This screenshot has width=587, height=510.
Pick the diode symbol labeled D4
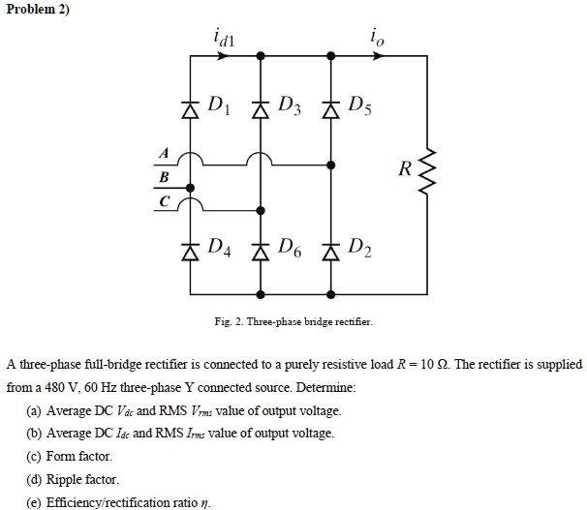coord(190,253)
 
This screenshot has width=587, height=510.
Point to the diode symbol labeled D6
coord(260,253)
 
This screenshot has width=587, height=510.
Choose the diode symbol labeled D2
coord(331,253)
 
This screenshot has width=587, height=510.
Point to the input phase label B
coord(163,177)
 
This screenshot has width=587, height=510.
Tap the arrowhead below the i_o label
coord(380,56)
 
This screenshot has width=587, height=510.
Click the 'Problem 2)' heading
coord(36,9)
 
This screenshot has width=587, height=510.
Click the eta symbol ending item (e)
coord(204,503)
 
